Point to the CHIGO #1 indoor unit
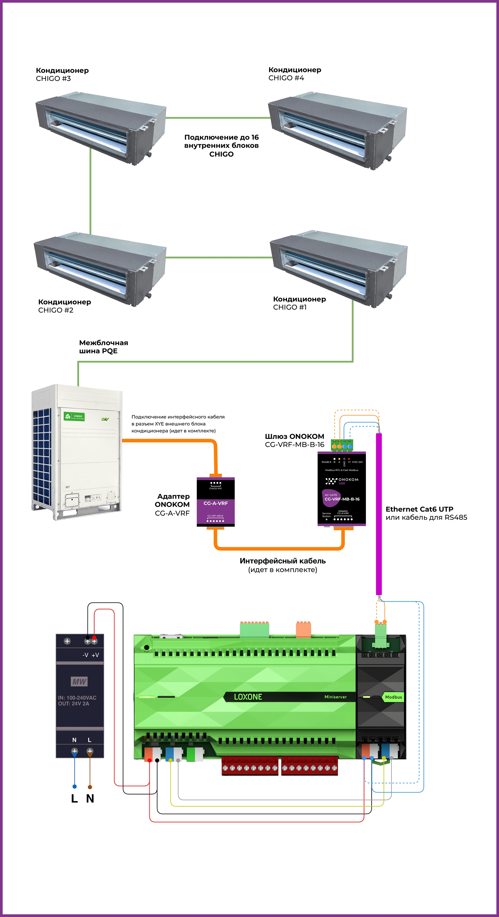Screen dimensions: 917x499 [x=339, y=269]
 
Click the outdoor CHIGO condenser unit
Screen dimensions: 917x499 [x=77, y=452]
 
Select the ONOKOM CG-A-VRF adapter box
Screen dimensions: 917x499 [x=216, y=502]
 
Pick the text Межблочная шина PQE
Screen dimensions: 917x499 [x=103, y=347]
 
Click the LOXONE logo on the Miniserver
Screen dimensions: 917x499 [x=248, y=697]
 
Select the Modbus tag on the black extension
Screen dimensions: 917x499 [x=393, y=697]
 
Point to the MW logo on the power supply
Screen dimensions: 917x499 [x=79, y=681]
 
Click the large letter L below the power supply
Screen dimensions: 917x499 [x=74, y=798]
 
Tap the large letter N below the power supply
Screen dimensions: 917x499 [x=90, y=798]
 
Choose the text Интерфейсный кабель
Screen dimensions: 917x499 [x=283, y=561]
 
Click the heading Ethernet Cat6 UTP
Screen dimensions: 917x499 [x=419, y=509]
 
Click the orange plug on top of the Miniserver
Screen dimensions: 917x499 [x=303, y=629]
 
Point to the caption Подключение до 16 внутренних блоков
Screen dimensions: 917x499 [x=221, y=145]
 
